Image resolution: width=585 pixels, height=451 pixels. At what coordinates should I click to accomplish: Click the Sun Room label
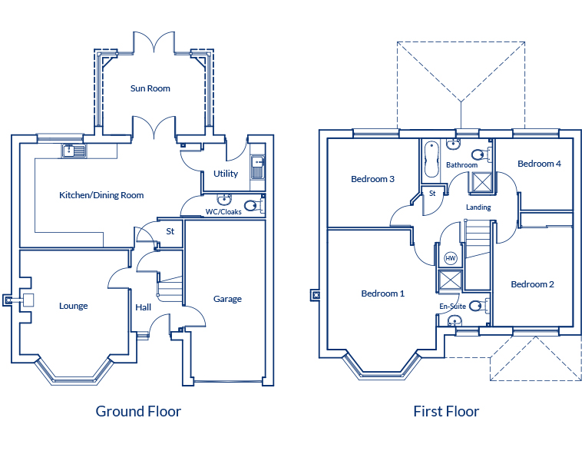tap(150, 88)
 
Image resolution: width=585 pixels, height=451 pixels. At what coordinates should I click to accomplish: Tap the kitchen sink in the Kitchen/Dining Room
tap(74, 151)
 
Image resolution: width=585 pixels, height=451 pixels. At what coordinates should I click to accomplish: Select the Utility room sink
tap(257, 167)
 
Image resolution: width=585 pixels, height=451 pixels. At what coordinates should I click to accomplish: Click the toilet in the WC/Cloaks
tap(255, 205)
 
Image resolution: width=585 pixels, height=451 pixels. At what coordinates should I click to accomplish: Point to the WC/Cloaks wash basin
tap(224, 199)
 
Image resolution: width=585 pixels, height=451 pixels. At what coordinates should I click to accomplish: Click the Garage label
tap(227, 299)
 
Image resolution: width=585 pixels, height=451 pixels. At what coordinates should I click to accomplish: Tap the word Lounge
tap(74, 306)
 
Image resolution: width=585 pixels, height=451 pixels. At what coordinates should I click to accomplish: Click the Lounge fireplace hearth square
tap(28, 300)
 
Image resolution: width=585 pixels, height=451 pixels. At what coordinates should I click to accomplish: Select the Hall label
tap(144, 307)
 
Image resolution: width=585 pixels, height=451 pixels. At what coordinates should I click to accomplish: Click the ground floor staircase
tap(170, 288)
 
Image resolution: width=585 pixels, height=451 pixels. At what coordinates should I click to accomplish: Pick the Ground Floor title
tap(138, 411)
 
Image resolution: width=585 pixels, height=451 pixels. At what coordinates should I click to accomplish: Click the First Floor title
tap(446, 411)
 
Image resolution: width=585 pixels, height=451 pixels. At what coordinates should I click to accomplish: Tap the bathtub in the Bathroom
tap(431, 159)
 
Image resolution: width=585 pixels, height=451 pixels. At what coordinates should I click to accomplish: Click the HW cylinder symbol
tap(451, 258)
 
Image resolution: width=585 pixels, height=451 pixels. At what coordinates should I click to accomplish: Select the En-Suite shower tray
tap(451, 280)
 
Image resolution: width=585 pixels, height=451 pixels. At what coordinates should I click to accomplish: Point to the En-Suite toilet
tap(479, 306)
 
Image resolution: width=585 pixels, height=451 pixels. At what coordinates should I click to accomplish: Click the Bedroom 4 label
tap(539, 164)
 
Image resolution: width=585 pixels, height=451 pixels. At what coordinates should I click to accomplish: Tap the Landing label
tap(478, 207)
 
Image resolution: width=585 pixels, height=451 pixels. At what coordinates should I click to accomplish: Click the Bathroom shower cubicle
tap(481, 182)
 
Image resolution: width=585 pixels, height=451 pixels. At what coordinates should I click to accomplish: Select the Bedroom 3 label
tap(372, 179)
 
